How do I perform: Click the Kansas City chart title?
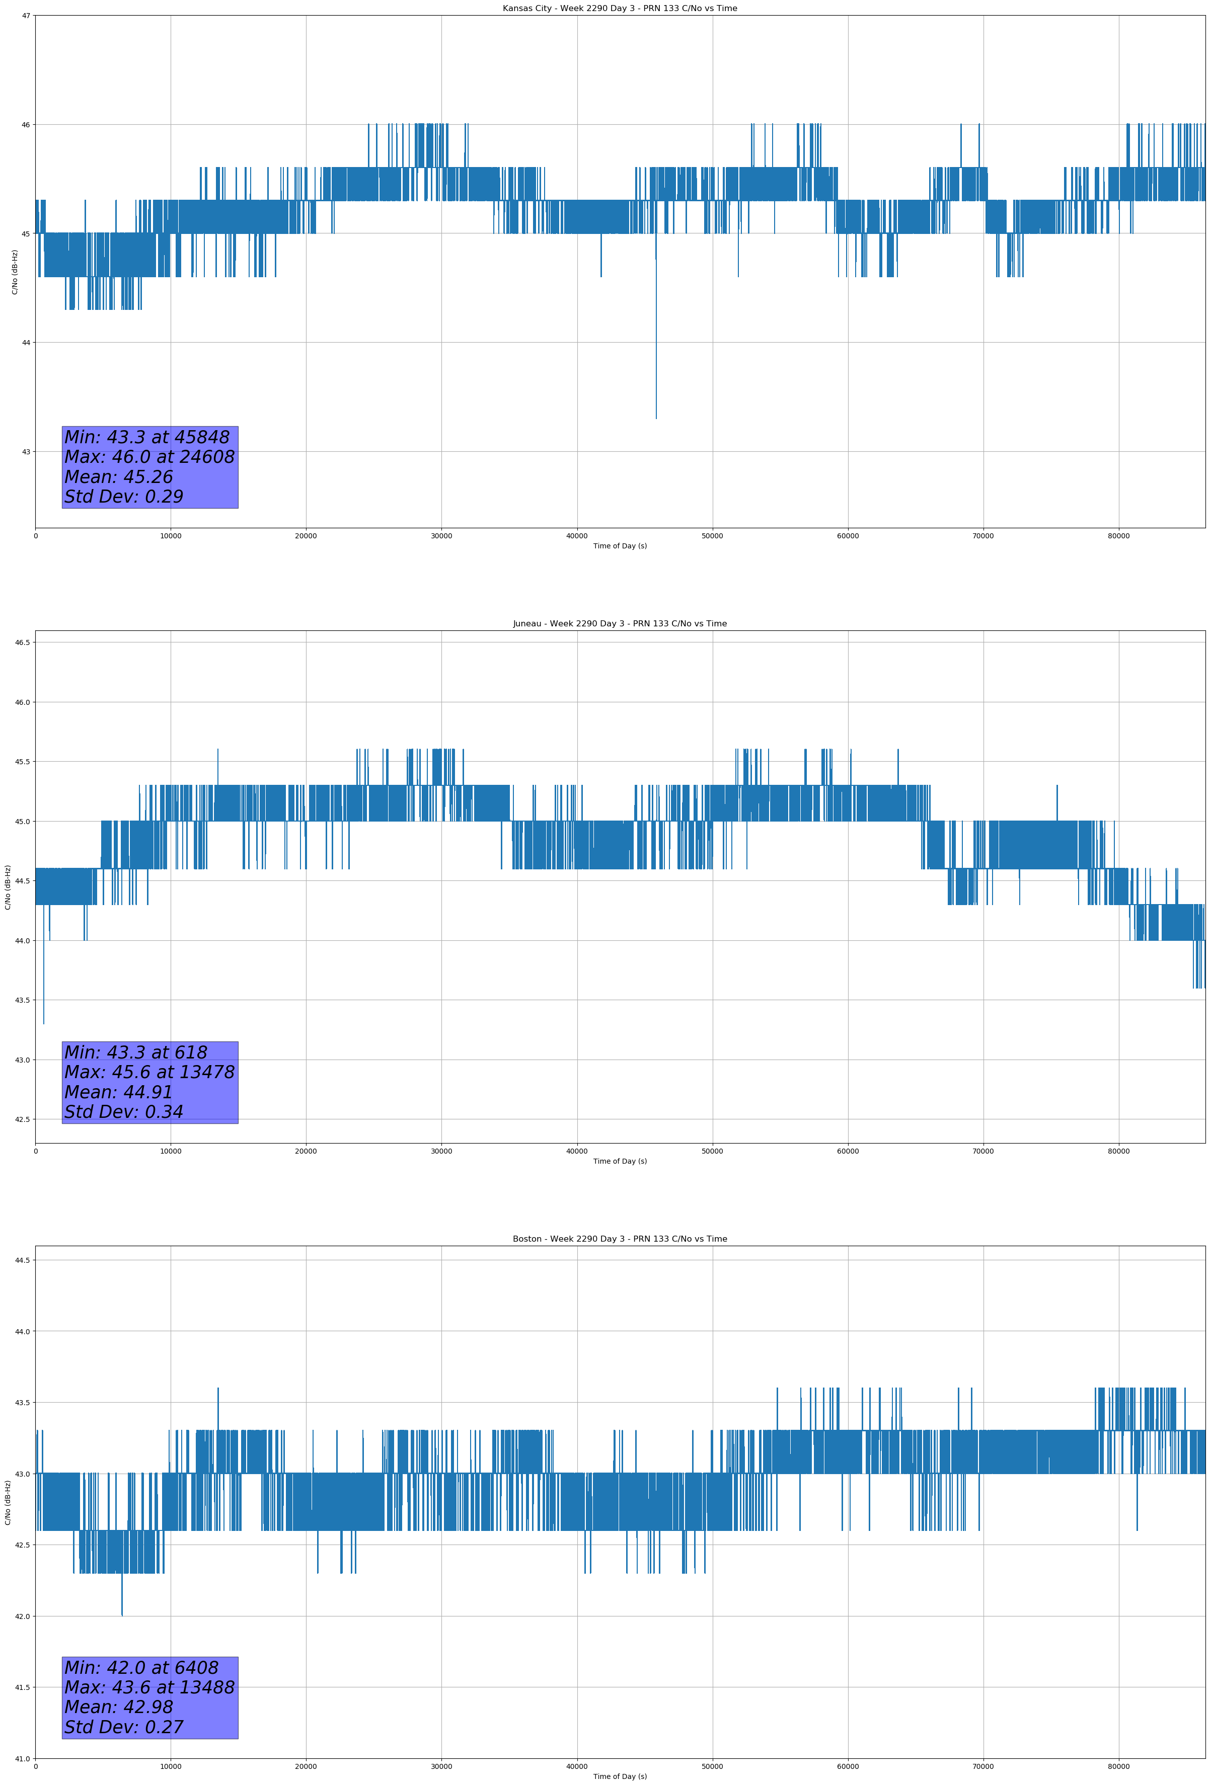tap(620, 9)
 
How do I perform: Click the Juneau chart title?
tap(620, 624)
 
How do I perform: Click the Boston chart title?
tap(620, 1239)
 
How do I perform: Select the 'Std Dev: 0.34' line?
tap(124, 1111)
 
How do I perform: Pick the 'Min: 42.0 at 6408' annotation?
tap(141, 1667)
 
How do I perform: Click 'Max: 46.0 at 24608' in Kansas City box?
tap(149, 457)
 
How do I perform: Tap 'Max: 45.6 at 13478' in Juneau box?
tap(149, 1072)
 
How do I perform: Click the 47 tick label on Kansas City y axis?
tap(26, 16)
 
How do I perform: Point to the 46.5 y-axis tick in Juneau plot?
tap(23, 642)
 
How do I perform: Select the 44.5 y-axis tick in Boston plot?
tap(23, 1260)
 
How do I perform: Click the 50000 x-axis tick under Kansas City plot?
tap(712, 536)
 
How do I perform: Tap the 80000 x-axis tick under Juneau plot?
tap(1118, 1151)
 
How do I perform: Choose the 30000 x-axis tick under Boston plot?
tap(441, 1766)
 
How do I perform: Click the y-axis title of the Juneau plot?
tap(8, 887)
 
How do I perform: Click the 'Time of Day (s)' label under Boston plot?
tap(620, 1776)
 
